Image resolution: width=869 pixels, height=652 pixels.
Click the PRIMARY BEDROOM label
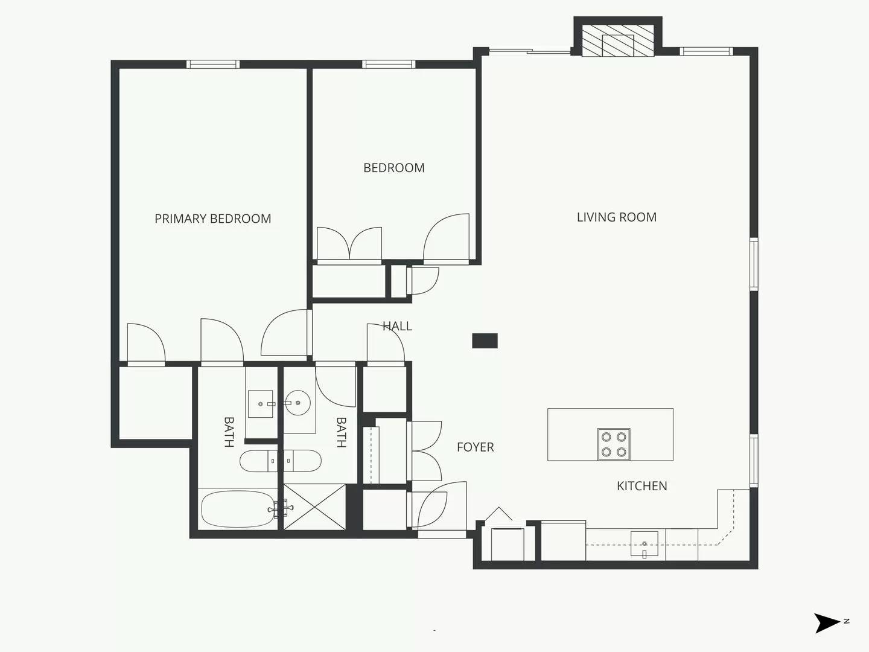[212, 219]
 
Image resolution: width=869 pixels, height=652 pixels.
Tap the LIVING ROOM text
[616, 217]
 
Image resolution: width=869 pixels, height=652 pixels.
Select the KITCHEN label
[641, 486]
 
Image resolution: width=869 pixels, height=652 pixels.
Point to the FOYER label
[475, 447]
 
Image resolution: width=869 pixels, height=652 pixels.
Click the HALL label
[397, 327]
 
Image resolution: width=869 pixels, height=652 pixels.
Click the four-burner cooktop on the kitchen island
[614, 445]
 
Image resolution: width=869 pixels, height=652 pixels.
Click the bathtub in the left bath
[237, 509]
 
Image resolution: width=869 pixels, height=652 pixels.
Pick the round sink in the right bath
[298, 403]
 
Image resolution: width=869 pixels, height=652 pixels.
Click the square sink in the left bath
[261, 404]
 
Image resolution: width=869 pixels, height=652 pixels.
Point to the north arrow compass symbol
[827, 622]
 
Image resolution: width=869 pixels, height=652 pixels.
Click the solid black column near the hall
[485, 341]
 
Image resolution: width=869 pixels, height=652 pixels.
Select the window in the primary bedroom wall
[212, 64]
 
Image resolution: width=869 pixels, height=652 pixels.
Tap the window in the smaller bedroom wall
[389, 64]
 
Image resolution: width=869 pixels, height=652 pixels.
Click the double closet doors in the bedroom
[349, 245]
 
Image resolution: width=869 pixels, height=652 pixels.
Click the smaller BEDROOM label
[393, 168]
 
